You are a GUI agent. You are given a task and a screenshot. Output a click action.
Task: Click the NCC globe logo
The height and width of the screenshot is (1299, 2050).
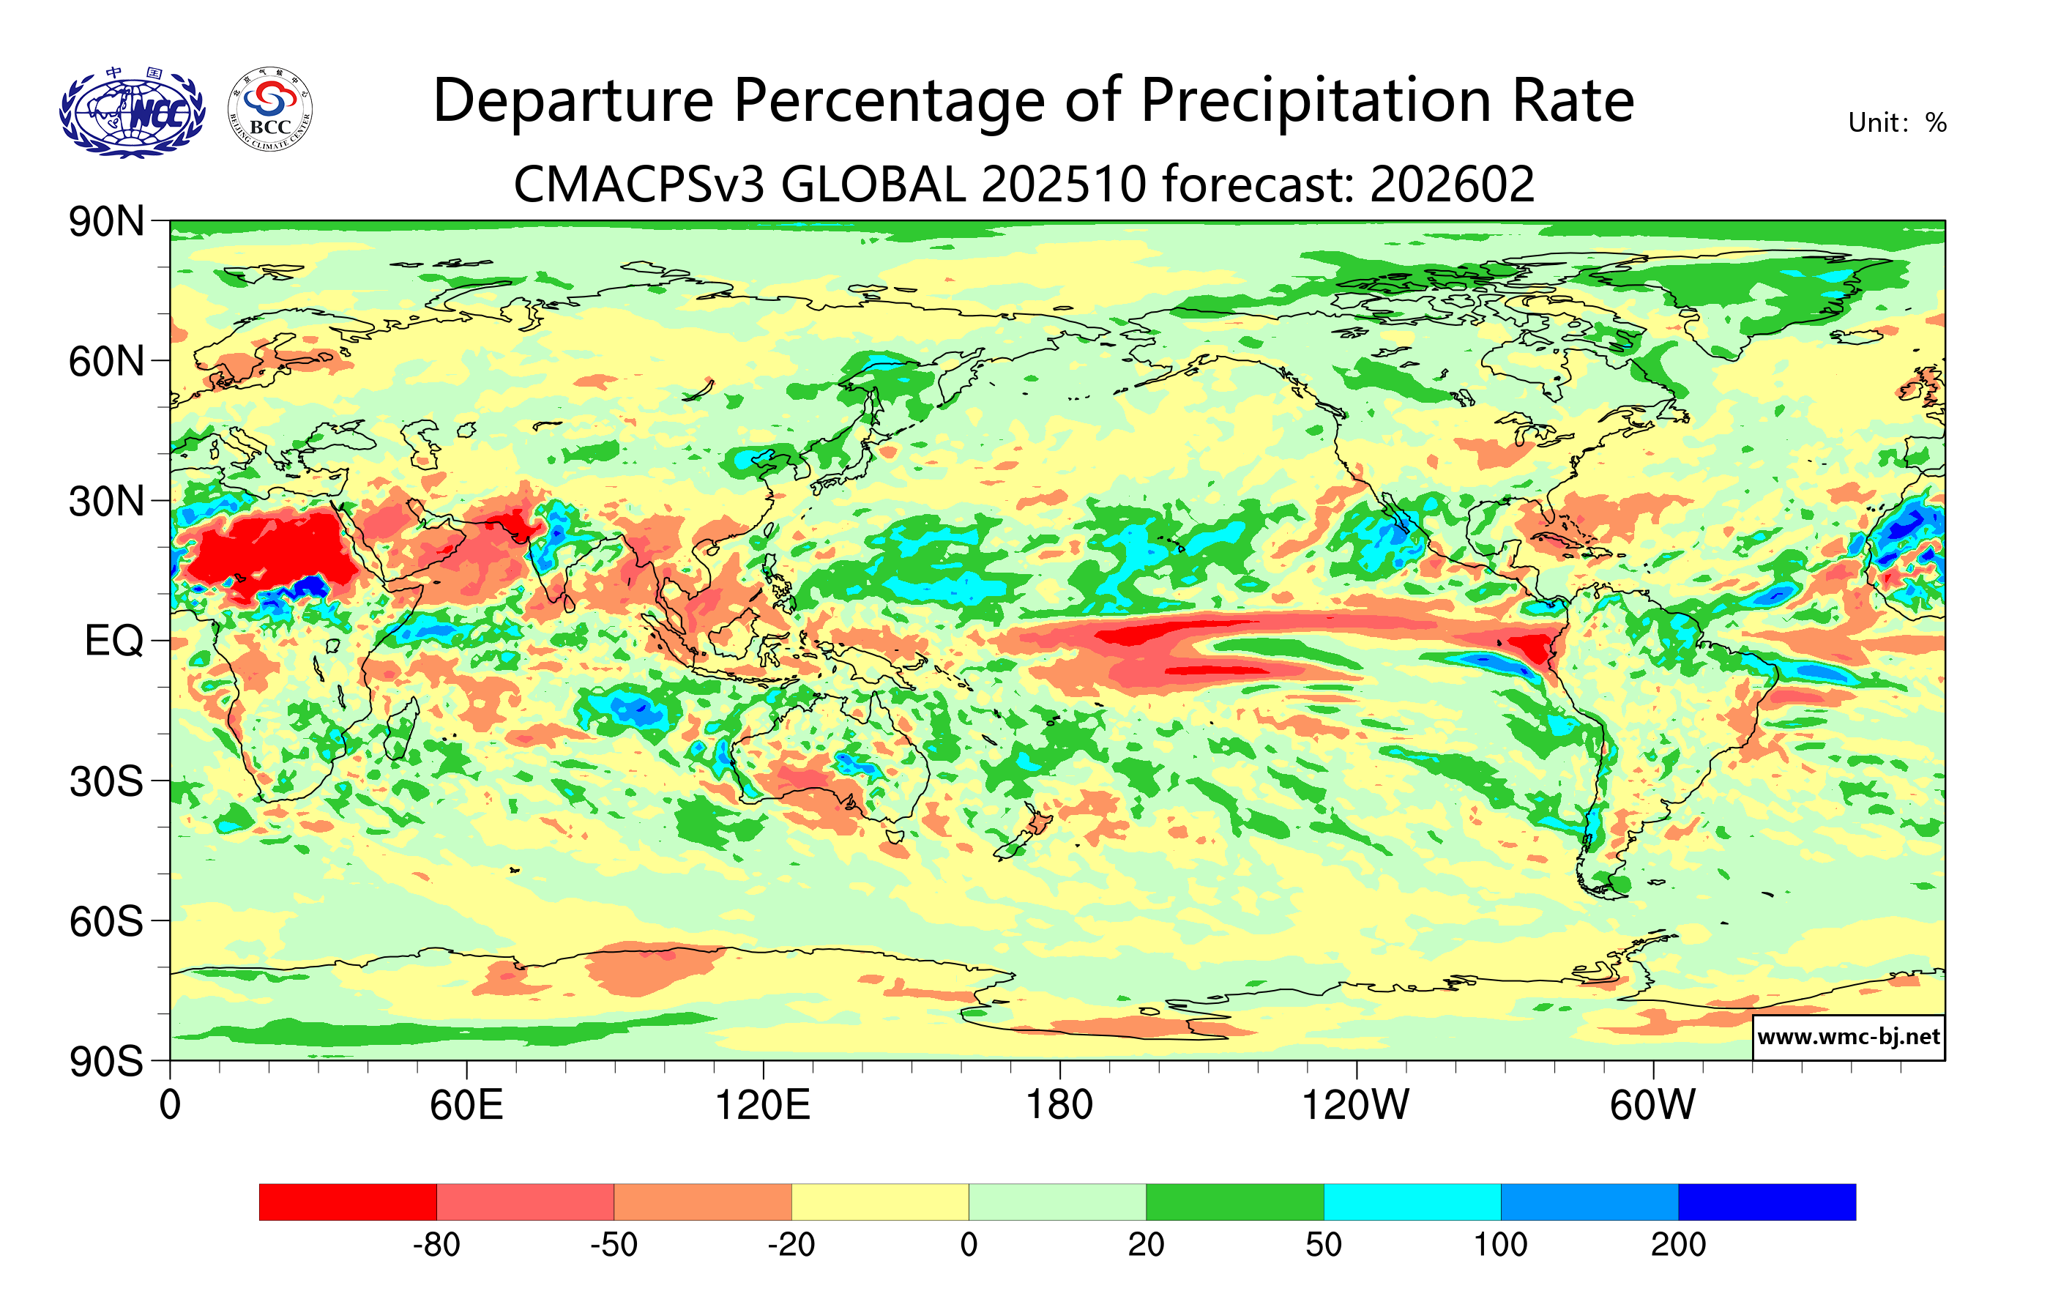click(132, 112)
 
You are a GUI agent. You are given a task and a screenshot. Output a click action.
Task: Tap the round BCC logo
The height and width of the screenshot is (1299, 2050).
click(270, 110)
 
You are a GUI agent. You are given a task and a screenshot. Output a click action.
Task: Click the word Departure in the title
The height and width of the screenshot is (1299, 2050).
click(573, 101)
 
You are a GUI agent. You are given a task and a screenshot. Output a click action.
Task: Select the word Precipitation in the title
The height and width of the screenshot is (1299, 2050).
click(1316, 101)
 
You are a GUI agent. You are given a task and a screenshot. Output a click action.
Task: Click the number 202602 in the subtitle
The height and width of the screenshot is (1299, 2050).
click(1452, 184)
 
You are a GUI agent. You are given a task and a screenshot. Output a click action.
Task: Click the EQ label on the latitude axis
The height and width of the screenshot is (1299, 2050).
click(114, 641)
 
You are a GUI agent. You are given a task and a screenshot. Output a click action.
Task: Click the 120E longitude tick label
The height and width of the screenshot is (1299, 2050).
click(762, 1105)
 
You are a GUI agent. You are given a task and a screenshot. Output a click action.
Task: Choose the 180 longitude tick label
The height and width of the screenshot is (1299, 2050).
click(1059, 1105)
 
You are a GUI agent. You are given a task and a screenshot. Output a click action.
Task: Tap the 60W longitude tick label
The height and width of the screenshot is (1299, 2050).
click(1652, 1105)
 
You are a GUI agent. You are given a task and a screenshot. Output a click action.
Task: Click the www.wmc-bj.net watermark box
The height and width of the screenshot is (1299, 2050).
click(1848, 1037)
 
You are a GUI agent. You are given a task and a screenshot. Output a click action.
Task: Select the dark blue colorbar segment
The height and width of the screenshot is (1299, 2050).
click(1767, 1201)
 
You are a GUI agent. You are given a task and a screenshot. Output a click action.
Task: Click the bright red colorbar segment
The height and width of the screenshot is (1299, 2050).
click(347, 1201)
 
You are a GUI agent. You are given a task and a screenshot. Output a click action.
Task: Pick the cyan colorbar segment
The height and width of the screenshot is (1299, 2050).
click(1412, 1201)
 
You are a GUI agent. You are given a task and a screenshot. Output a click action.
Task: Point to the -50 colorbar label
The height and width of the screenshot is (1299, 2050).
click(614, 1245)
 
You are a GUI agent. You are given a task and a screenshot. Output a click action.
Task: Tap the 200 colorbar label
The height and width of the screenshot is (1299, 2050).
click(1678, 1245)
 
